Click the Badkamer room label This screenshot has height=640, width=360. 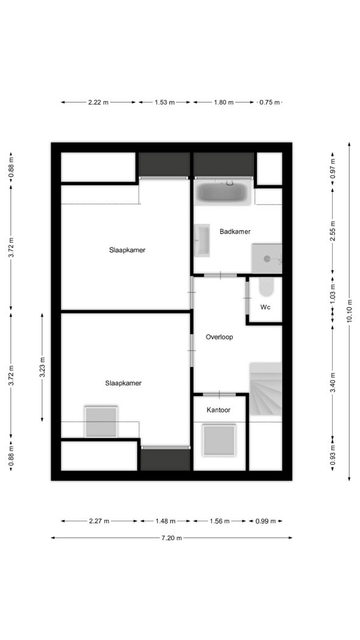(235, 232)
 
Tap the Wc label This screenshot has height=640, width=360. (266, 307)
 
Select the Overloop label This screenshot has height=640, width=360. (219, 337)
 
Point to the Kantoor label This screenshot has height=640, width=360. (218, 410)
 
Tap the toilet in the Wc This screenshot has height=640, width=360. (267, 286)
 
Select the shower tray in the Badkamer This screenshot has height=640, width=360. (267, 258)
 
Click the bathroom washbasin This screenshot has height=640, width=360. (202, 240)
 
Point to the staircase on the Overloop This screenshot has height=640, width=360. (266, 389)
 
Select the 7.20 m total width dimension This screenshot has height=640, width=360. (172, 538)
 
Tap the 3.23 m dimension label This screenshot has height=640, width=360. (42, 368)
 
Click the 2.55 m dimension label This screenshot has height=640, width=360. (333, 232)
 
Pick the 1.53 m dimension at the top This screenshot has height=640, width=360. (164, 102)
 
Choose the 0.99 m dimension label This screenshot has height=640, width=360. (266, 521)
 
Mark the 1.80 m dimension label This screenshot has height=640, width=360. (224, 102)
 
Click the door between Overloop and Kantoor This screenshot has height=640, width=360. (219, 394)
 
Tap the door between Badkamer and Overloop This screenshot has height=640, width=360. (220, 276)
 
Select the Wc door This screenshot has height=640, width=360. (247, 298)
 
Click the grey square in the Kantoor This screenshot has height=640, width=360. (220, 439)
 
